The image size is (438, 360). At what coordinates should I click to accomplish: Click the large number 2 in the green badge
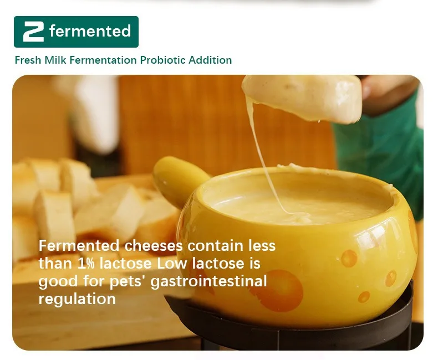tap(33, 32)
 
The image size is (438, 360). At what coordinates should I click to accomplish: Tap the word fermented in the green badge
tap(90, 31)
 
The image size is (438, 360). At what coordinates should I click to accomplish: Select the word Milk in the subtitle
tap(55, 60)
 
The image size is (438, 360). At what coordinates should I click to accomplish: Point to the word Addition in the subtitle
tap(210, 60)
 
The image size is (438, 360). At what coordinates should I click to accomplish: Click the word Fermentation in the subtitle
tap(103, 60)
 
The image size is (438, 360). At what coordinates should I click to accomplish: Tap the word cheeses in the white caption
tap(154, 245)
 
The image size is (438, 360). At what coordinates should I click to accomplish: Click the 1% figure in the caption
tap(86, 264)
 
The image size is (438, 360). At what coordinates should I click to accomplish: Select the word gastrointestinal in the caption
tap(208, 281)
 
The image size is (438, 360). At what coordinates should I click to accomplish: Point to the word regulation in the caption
tap(77, 299)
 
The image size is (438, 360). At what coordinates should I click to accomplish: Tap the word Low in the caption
tap(172, 264)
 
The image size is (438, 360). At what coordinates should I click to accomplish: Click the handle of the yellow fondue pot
tap(179, 178)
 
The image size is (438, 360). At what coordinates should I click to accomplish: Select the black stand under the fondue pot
tap(291, 323)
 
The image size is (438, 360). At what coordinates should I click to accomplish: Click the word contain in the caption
tap(215, 245)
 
